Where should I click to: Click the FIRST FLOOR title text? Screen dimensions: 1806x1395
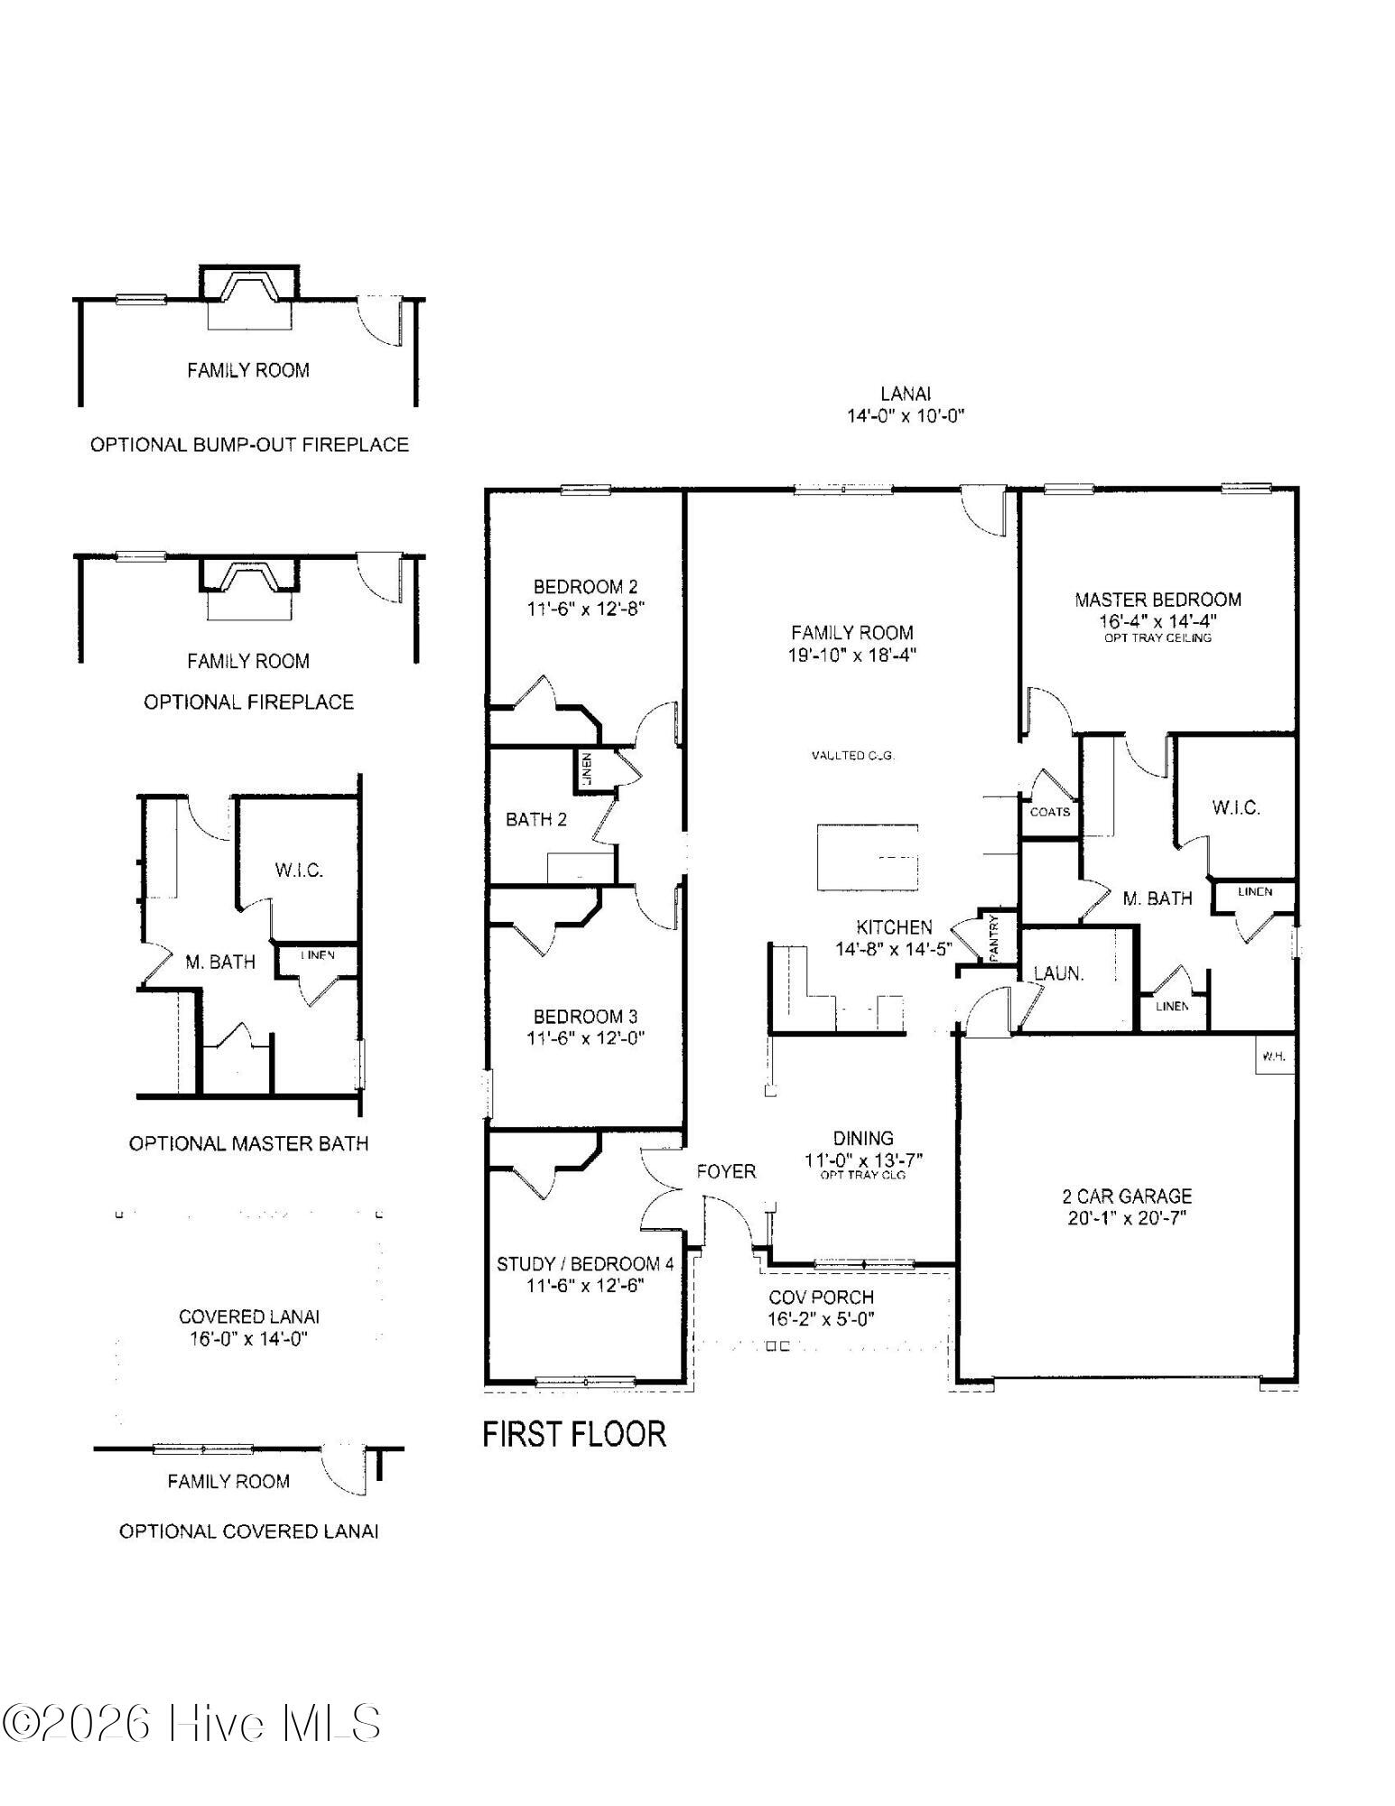(x=574, y=1434)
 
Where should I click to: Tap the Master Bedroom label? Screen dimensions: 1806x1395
(x=1158, y=600)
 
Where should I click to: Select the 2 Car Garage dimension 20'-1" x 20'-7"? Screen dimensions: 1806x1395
(x=1127, y=1218)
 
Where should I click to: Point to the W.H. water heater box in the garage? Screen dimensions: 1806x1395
(x=1274, y=1056)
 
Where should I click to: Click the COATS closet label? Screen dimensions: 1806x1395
(x=1049, y=812)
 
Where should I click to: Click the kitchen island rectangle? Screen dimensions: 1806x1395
(x=868, y=857)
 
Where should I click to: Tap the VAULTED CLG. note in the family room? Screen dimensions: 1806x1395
(x=852, y=756)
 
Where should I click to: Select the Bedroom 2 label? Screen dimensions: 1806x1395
(x=585, y=587)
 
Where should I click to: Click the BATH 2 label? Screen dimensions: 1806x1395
(x=536, y=820)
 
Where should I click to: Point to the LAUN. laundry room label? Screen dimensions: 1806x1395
(x=1058, y=974)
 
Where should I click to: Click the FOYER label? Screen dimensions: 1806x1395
(x=726, y=1171)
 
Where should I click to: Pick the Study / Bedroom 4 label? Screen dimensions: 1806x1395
(x=585, y=1263)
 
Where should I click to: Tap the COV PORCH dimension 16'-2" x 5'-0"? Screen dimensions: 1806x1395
(x=821, y=1319)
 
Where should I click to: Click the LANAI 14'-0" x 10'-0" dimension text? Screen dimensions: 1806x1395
(x=906, y=416)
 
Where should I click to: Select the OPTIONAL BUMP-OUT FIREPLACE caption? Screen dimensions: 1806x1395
(x=249, y=444)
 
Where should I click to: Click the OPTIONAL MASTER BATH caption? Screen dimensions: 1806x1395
(x=249, y=1143)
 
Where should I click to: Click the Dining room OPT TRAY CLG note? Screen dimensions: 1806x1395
(x=863, y=1175)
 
